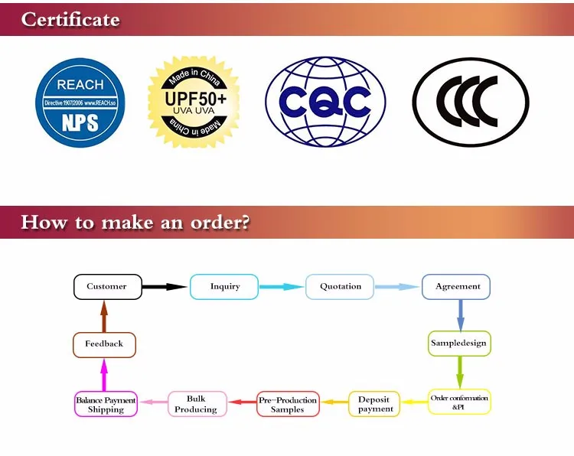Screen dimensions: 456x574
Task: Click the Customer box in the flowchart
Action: [x=107, y=287]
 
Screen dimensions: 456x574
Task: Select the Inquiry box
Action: [x=225, y=287]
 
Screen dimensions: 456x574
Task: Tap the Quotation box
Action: [x=341, y=287]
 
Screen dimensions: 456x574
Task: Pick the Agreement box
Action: [x=457, y=287]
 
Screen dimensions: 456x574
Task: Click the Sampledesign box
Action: [x=458, y=344]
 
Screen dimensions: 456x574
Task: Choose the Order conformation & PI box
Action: [x=459, y=402]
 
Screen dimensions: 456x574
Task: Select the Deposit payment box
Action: [x=374, y=403]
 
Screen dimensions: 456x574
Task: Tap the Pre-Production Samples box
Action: [x=288, y=403]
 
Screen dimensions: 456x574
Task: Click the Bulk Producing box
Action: [x=197, y=403]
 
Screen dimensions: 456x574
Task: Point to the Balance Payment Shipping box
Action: [x=106, y=403]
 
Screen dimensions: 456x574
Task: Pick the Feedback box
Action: [x=104, y=344]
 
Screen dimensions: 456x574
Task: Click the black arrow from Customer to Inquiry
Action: [x=165, y=287]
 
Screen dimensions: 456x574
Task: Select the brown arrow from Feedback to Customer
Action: [x=104, y=315]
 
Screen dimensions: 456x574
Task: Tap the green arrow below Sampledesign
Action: [x=459, y=373]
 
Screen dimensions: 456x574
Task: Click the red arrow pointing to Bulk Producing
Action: [x=243, y=402]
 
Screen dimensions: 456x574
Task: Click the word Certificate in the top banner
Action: [x=70, y=19]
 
